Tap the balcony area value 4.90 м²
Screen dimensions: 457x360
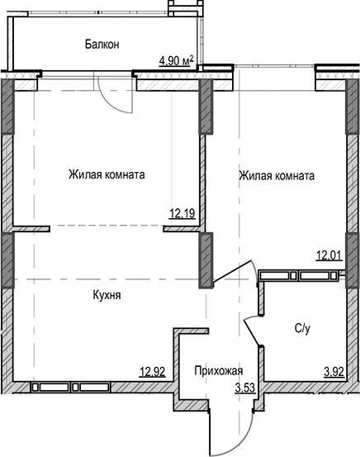click(176, 60)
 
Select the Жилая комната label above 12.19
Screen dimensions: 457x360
click(107, 175)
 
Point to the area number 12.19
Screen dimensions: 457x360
click(182, 214)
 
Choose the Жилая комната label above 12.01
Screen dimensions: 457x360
click(276, 175)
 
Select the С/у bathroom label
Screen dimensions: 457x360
click(303, 328)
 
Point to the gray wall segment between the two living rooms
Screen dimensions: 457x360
click(204, 107)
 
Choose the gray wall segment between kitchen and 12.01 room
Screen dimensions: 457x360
click(204, 258)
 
